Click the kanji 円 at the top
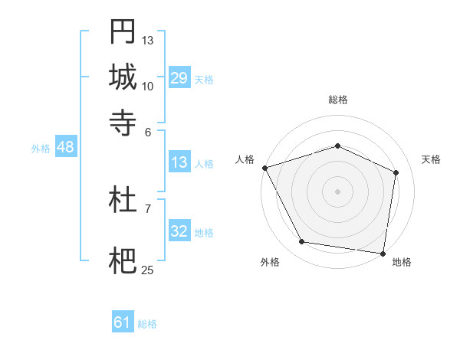(x=123, y=31)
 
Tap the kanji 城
(x=123, y=77)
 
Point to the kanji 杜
(x=123, y=200)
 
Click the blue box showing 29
(x=179, y=78)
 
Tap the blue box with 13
(x=179, y=162)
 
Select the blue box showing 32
(x=179, y=231)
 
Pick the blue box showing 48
(x=65, y=147)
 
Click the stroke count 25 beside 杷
(x=148, y=270)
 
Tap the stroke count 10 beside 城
(x=148, y=86)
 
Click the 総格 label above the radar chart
(x=337, y=100)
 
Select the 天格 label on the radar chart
(x=432, y=159)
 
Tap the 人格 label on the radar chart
(x=245, y=159)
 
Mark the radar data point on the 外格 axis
(x=302, y=242)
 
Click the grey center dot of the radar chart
(x=337, y=191)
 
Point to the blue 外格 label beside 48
(x=40, y=149)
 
